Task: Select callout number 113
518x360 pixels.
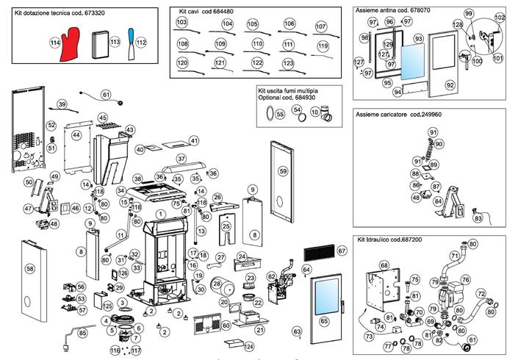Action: (x=115, y=43)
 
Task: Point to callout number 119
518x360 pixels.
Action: (x=323, y=46)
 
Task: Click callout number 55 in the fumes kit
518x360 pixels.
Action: (x=280, y=115)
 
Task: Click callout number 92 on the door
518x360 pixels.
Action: (x=450, y=85)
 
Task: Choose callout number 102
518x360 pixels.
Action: (x=500, y=18)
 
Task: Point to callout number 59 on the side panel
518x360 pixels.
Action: (x=283, y=170)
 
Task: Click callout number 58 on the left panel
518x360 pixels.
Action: (x=30, y=269)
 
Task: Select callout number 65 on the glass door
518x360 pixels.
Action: (x=324, y=321)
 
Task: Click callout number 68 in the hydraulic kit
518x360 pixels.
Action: (x=384, y=265)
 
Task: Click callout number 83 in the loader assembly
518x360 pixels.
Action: (x=478, y=218)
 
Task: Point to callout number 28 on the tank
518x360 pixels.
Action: (x=217, y=283)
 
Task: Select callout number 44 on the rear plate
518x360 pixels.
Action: (x=76, y=135)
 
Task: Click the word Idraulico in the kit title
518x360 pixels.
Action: (x=383, y=240)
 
